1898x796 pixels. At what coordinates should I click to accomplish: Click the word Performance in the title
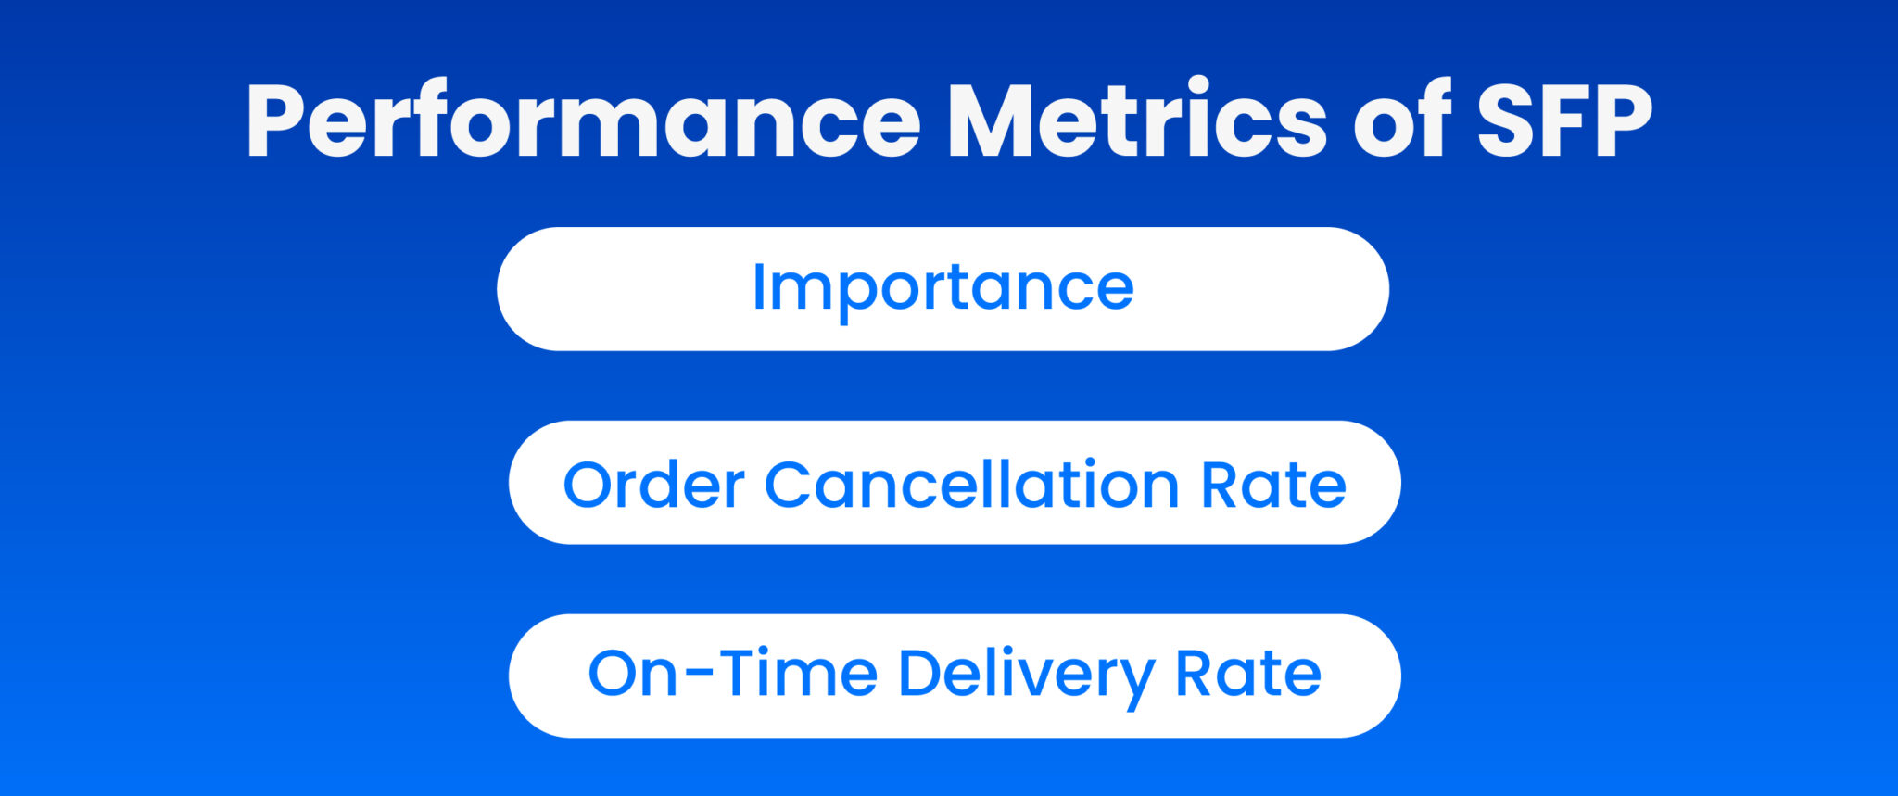tap(583, 120)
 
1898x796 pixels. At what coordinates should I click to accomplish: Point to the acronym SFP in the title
tap(1564, 120)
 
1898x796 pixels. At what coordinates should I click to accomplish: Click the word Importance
tap(943, 289)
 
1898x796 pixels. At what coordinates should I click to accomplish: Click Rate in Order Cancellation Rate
tap(1273, 486)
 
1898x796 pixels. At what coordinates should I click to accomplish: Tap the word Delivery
tap(1026, 676)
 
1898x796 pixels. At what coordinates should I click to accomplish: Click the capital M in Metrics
tap(993, 120)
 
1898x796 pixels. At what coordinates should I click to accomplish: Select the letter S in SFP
tap(1503, 120)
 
